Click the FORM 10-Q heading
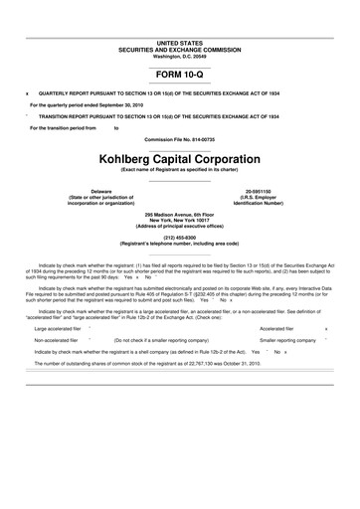(x=179, y=75)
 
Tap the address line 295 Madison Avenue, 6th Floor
(x=179, y=214)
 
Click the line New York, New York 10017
(x=179, y=220)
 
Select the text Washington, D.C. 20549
(x=179, y=57)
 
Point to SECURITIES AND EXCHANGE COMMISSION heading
(x=179, y=51)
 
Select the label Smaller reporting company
(x=287, y=339)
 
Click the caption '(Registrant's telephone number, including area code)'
(x=179, y=244)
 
